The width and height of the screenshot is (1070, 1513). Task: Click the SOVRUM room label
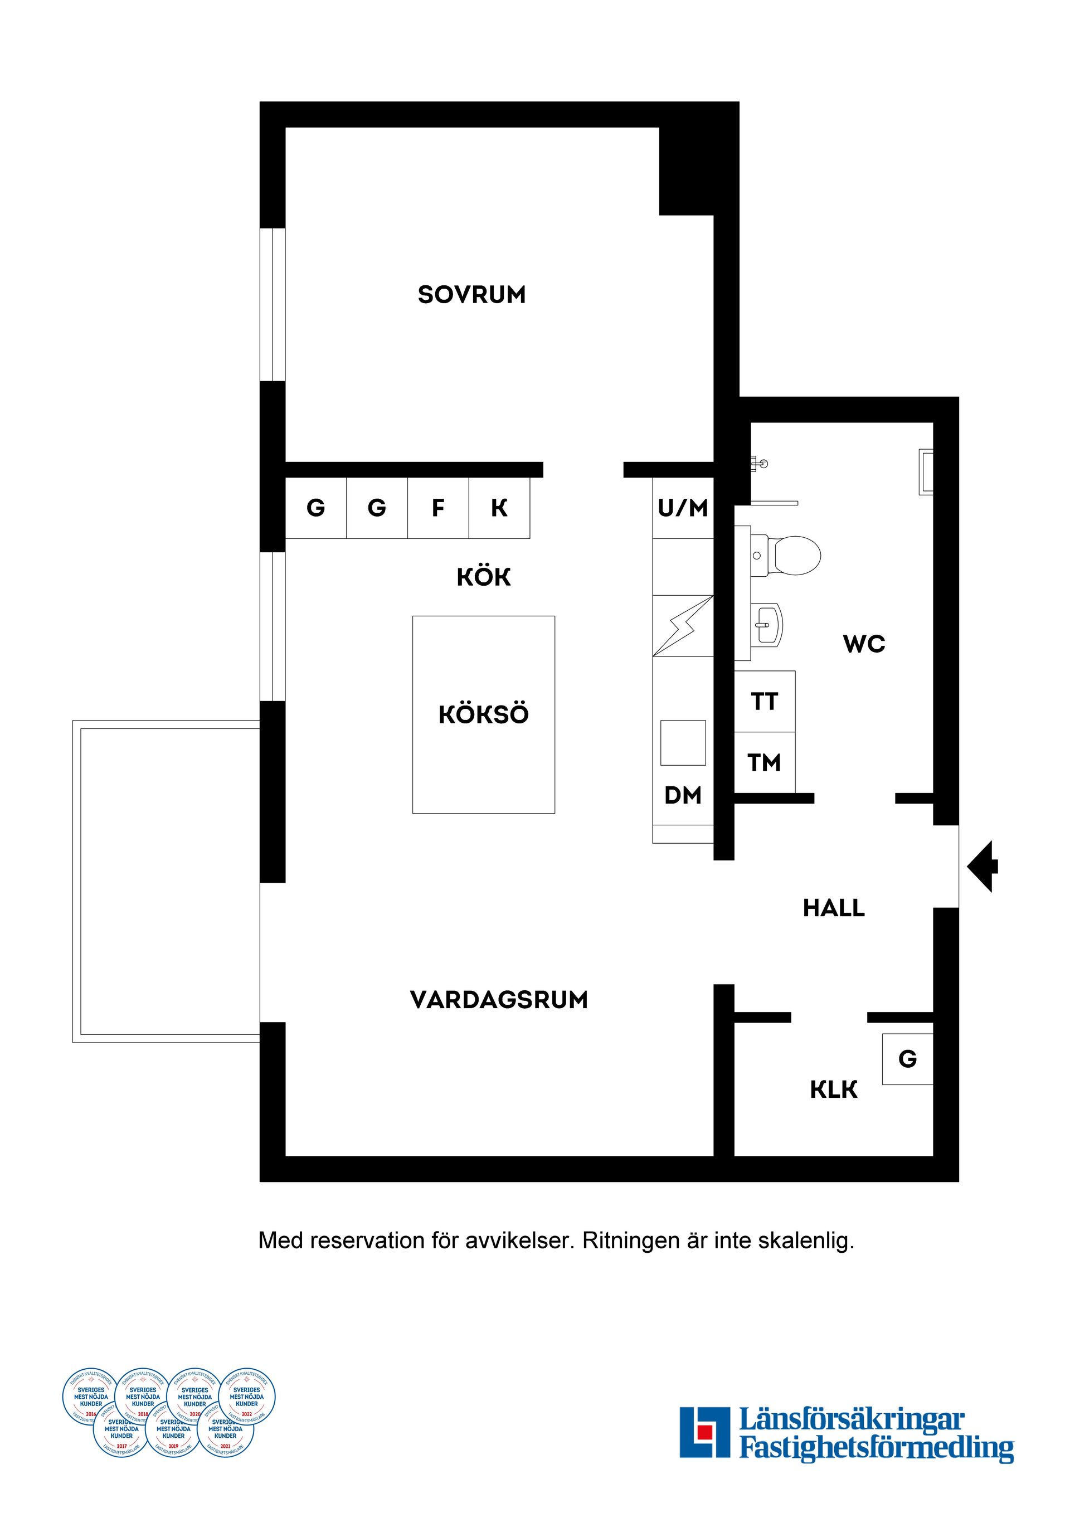point(472,295)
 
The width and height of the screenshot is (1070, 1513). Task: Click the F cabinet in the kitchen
point(437,508)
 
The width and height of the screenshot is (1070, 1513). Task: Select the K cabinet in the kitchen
point(499,508)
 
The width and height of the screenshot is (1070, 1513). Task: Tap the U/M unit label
point(683,508)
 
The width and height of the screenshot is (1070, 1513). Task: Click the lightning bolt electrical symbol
point(683,626)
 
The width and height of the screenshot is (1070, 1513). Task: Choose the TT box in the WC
point(764,701)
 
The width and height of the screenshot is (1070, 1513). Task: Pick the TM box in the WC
point(764,762)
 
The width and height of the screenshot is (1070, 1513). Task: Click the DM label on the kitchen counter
point(683,795)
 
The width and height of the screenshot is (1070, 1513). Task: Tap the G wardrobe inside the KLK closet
point(907,1059)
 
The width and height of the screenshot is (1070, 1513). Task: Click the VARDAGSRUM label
point(499,1000)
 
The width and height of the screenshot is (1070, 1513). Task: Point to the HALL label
point(834,908)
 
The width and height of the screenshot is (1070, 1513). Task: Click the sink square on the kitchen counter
point(683,743)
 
